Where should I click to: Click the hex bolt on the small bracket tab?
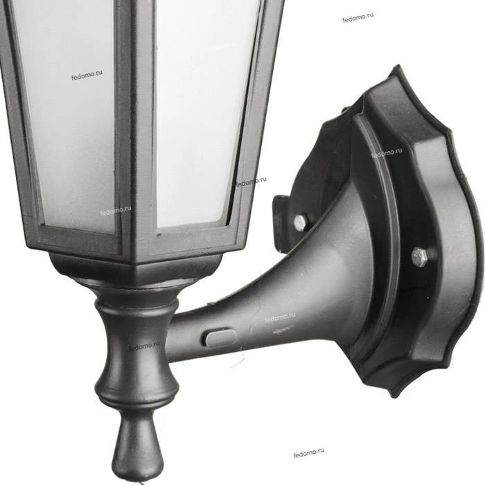point(300,222)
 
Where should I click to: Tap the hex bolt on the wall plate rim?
point(420,257)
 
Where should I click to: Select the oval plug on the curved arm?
point(220,338)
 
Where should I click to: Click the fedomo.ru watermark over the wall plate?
point(387,152)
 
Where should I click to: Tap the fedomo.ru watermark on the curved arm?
point(280,317)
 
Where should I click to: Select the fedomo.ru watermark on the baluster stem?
point(144,346)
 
